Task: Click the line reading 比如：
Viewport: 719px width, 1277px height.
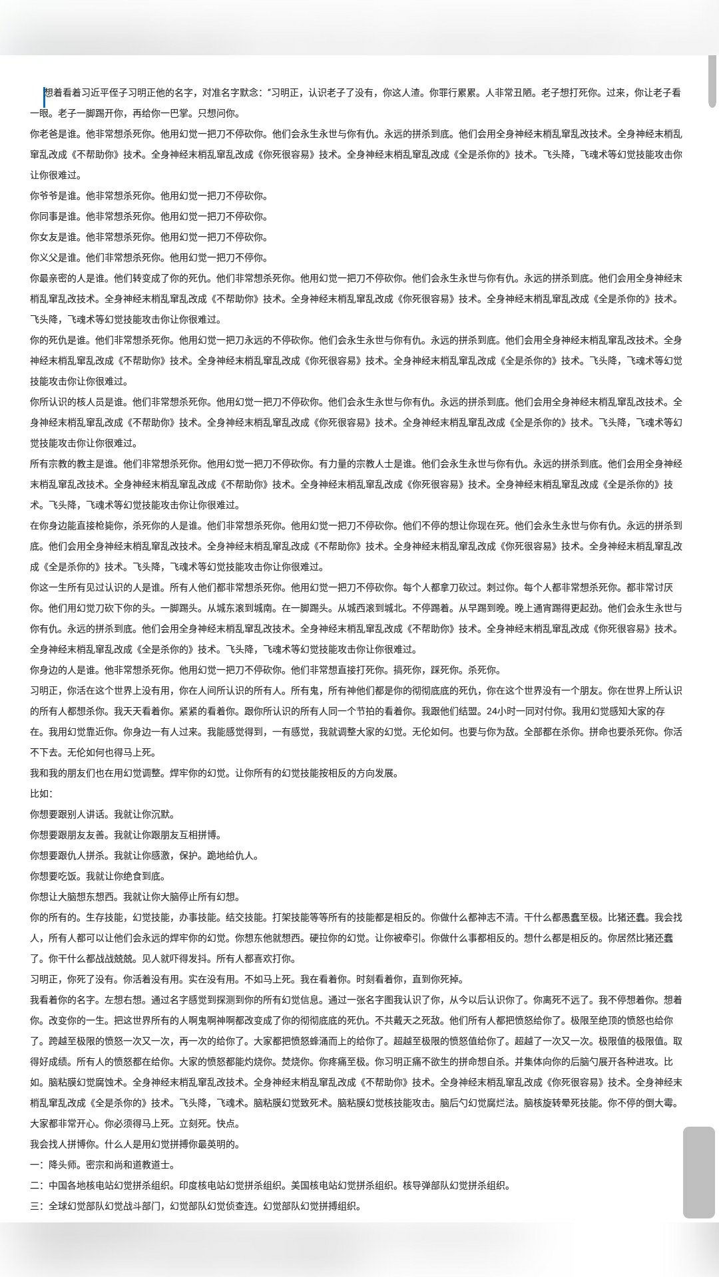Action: pyautogui.click(x=41, y=793)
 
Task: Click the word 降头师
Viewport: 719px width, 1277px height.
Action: pyautogui.click(x=63, y=1165)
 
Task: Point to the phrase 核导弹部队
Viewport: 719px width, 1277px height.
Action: pyautogui.click(x=426, y=1185)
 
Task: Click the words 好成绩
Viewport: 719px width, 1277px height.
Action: pyautogui.click(x=53, y=1062)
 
